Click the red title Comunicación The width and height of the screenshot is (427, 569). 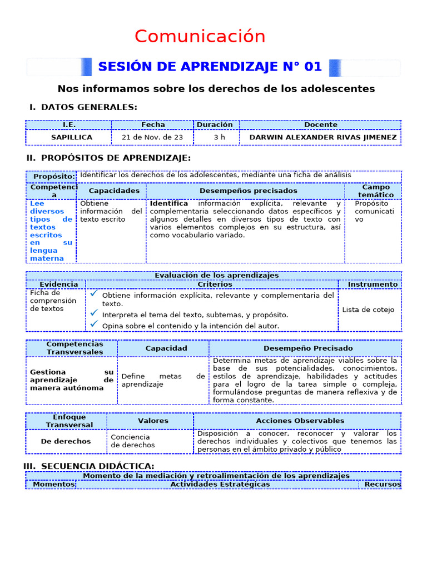(x=200, y=37)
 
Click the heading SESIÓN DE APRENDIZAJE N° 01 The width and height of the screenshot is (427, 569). (x=210, y=67)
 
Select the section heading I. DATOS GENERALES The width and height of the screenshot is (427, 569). (x=83, y=107)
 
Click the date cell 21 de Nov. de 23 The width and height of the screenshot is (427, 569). (x=153, y=137)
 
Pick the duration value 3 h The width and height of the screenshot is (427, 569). (x=216, y=137)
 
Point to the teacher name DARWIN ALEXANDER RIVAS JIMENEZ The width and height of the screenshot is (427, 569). (x=323, y=137)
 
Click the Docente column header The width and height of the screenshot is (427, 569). (x=320, y=125)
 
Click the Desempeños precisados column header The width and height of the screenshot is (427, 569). (x=248, y=191)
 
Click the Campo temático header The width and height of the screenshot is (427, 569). (x=374, y=191)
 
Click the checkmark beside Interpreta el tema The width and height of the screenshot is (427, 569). (x=94, y=313)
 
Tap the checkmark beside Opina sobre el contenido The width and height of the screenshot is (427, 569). (x=94, y=324)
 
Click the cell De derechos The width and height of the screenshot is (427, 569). (x=66, y=441)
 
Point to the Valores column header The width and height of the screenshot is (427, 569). (x=153, y=421)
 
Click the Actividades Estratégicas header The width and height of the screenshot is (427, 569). (x=220, y=484)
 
